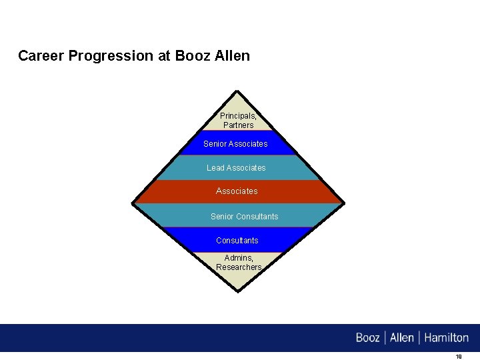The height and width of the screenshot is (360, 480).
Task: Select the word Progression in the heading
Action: [111, 57]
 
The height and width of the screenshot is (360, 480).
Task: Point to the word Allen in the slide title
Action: [233, 56]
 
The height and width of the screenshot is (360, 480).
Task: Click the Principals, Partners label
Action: [238, 121]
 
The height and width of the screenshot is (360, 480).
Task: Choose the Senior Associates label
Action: [235, 143]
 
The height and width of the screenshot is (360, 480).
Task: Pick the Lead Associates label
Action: [236, 168]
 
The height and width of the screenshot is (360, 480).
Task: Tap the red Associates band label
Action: [237, 191]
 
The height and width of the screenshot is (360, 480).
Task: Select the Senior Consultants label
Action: [244, 217]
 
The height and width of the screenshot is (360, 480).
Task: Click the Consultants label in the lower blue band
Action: [237, 241]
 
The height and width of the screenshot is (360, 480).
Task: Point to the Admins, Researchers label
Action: [239, 263]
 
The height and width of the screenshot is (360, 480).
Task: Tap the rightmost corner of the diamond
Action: [344, 203]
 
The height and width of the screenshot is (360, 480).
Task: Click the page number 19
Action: [458, 357]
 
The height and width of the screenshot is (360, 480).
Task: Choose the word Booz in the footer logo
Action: [368, 337]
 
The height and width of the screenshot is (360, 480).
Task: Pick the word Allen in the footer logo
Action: [402, 337]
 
